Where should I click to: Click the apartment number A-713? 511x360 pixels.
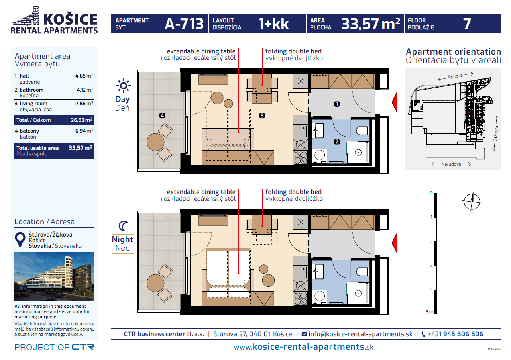[184, 24]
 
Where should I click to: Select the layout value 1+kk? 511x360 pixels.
[273, 24]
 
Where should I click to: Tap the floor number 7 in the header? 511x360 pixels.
[467, 24]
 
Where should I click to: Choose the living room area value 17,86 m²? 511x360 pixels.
[83, 104]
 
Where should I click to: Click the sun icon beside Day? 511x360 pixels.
[123, 85]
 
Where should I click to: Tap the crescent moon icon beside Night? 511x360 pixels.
[124, 226]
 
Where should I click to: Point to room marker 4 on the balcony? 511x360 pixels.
[162, 116]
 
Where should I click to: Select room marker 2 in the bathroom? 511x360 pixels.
[337, 141]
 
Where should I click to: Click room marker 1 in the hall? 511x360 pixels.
[337, 104]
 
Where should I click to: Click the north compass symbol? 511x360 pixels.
[472, 201]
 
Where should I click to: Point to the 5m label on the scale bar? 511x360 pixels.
[429, 312]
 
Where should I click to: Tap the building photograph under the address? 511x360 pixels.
[54, 276]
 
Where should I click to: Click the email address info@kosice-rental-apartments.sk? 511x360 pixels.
[360, 334]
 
